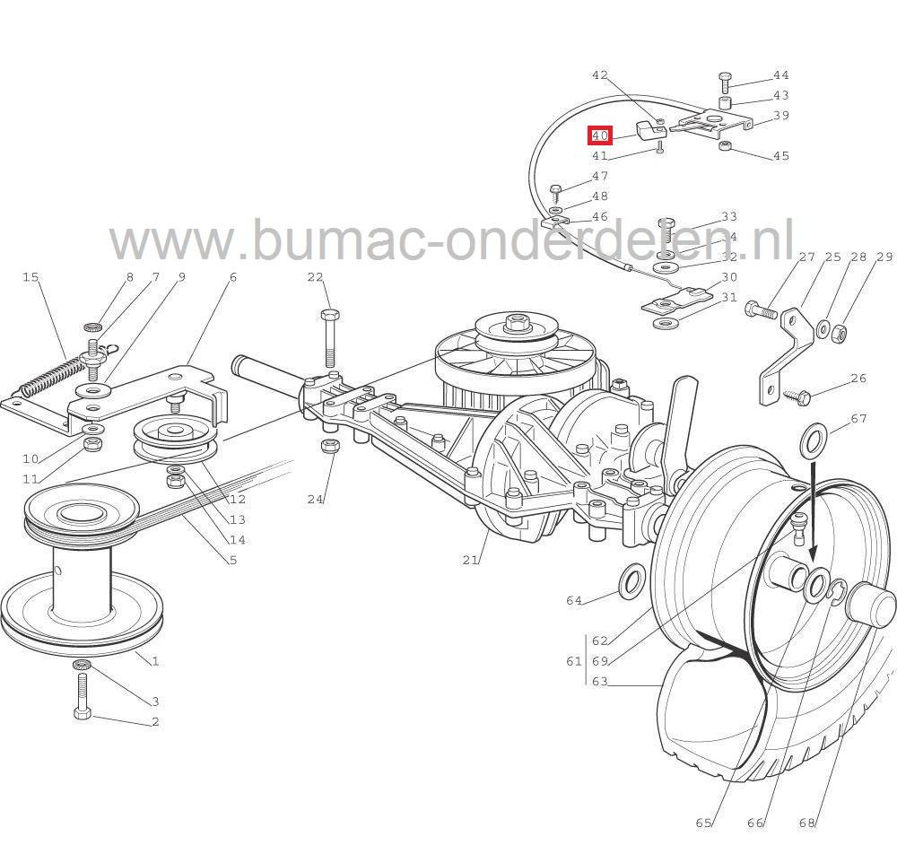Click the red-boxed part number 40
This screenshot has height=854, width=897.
tap(599, 135)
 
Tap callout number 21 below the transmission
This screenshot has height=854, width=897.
tap(470, 560)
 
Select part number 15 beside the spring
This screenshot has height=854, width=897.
tap(31, 277)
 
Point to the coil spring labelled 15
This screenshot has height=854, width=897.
tap(44, 377)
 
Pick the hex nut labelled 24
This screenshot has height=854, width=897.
tap(328, 446)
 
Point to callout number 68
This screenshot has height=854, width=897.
tap(807, 823)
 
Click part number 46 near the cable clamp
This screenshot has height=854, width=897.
tap(599, 216)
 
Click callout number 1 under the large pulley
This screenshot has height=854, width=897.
tap(155, 661)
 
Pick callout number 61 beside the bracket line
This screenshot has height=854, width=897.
tap(574, 661)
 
